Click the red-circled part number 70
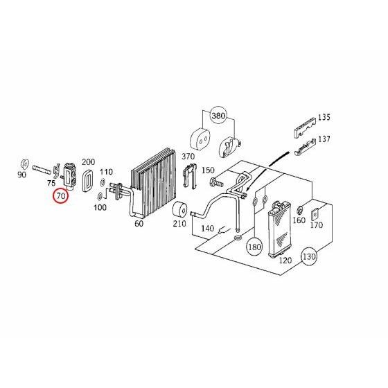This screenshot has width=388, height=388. coord(61,196)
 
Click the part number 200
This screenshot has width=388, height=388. coord(88,161)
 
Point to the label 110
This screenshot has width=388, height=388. coord(106,171)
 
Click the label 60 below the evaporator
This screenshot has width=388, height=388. coord(139,224)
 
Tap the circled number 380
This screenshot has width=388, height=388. coord(218,115)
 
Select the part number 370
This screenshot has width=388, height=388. coord(188,157)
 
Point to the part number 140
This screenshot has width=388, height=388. coord(206,228)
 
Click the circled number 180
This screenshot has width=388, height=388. coord(254,247)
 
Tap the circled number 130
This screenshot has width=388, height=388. coord(309,258)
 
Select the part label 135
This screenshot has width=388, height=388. coord(324,116)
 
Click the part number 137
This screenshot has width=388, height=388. coord(324,139)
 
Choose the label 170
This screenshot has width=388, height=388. coord(317,225)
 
